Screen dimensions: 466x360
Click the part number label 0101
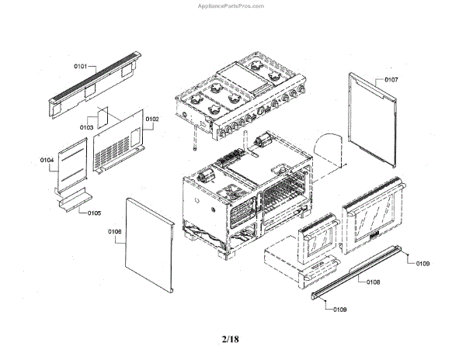[80, 67]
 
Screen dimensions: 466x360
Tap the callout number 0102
[151, 119]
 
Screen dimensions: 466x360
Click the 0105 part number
[93, 213]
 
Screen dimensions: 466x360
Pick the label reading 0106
[114, 231]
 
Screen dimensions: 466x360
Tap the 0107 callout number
[391, 80]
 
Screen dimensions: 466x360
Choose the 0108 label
[373, 282]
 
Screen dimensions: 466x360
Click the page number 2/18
[231, 338]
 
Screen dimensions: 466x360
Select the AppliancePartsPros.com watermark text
[232, 5]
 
